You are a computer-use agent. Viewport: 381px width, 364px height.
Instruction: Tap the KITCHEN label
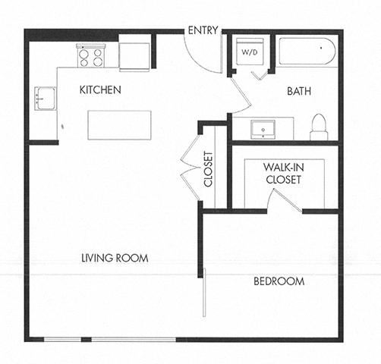click(101, 90)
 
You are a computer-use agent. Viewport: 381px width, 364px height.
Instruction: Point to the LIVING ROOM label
click(114, 259)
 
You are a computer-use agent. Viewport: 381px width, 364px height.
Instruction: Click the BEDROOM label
click(279, 281)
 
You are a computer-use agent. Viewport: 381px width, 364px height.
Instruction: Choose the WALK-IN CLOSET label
click(282, 173)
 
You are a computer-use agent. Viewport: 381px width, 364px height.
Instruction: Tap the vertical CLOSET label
click(208, 171)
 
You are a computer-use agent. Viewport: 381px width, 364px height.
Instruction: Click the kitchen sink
click(44, 99)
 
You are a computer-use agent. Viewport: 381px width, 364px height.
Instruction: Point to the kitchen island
click(118, 124)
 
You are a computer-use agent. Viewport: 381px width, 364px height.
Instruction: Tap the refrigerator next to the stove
click(134, 55)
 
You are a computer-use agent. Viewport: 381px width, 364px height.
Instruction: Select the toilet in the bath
click(319, 128)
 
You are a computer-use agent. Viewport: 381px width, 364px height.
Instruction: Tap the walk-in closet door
click(287, 201)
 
